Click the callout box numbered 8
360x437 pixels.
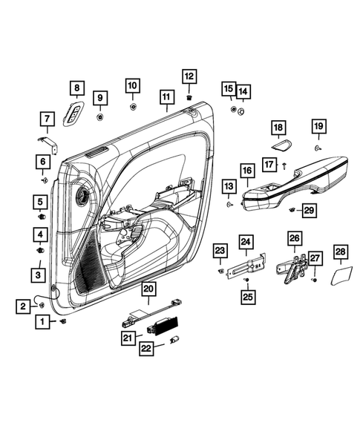(76, 89)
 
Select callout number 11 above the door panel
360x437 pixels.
(166, 97)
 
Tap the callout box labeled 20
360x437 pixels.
(148, 289)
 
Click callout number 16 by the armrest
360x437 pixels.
(246, 171)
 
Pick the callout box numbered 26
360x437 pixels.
(295, 238)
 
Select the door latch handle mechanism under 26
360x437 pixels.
(293, 268)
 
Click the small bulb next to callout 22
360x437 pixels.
(176, 339)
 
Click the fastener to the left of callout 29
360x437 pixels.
(293, 210)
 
